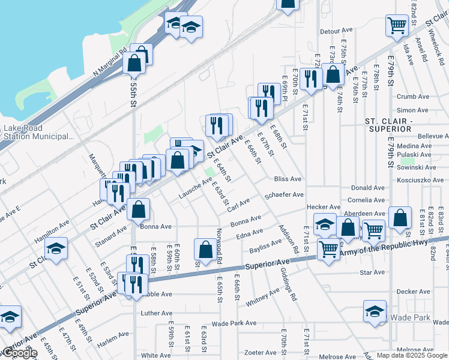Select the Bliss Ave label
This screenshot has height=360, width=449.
pyautogui.click(x=288, y=179)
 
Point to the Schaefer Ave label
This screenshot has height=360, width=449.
pyautogui.click(x=284, y=195)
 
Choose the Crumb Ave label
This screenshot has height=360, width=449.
pyautogui.click(x=413, y=96)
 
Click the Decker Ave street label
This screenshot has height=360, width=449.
pyautogui.click(x=414, y=292)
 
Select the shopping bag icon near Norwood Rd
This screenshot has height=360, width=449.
pyautogui.click(x=205, y=250)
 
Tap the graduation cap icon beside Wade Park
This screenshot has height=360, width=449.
pyautogui.click(x=375, y=311)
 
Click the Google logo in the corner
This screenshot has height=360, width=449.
pyautogui.click(x=19, y=353)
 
